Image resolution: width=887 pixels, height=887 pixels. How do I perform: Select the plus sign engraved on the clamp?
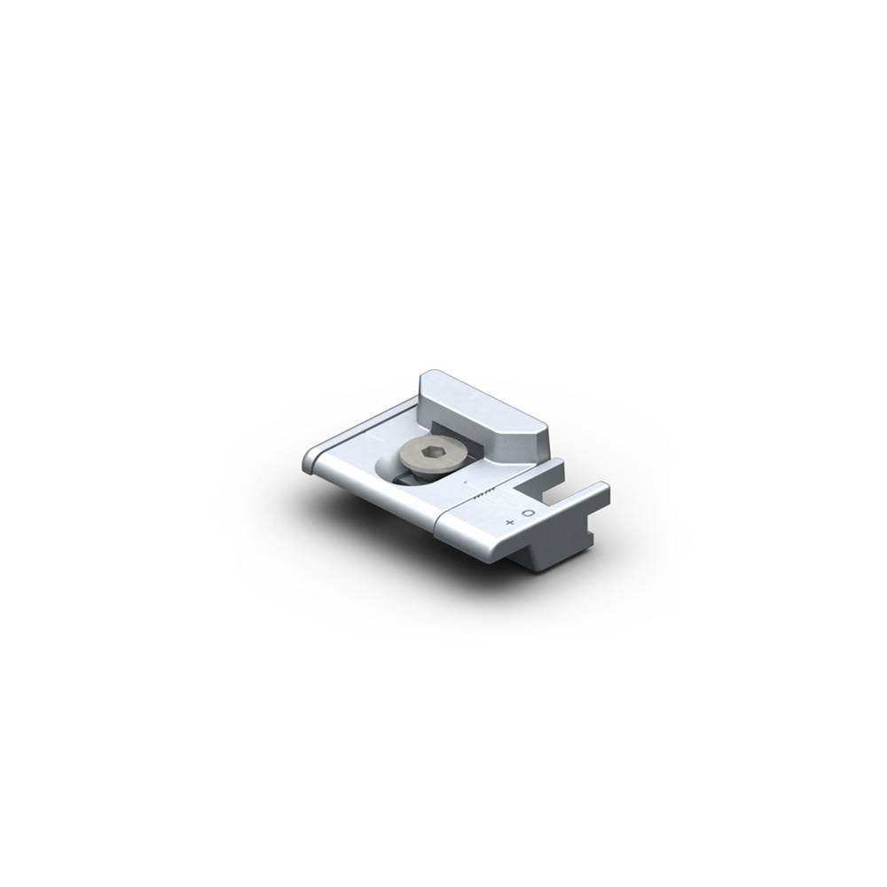(x=509, y=522)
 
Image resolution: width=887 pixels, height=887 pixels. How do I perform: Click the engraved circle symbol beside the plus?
(x=529, y=514)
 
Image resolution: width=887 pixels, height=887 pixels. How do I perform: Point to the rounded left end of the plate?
(x=310, y=460)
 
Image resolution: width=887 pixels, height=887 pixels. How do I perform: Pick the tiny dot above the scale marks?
(x=465, y=482)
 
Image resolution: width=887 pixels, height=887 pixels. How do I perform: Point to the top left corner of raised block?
(x=424, y=377)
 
